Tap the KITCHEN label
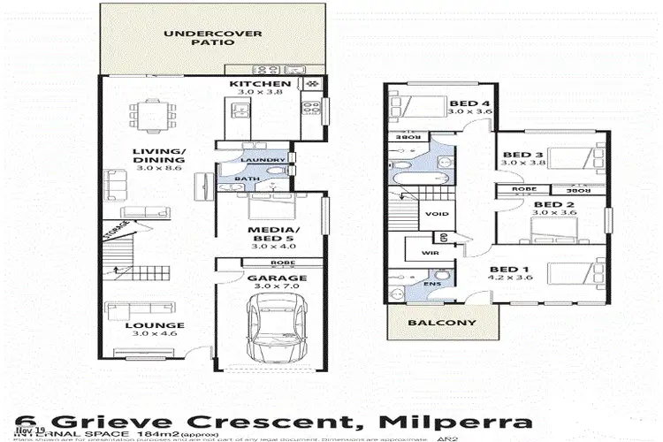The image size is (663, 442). pos(254,85)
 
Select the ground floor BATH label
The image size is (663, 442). pos(240,178)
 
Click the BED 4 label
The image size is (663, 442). pos(468,102)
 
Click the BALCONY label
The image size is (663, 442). pos(443,323)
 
